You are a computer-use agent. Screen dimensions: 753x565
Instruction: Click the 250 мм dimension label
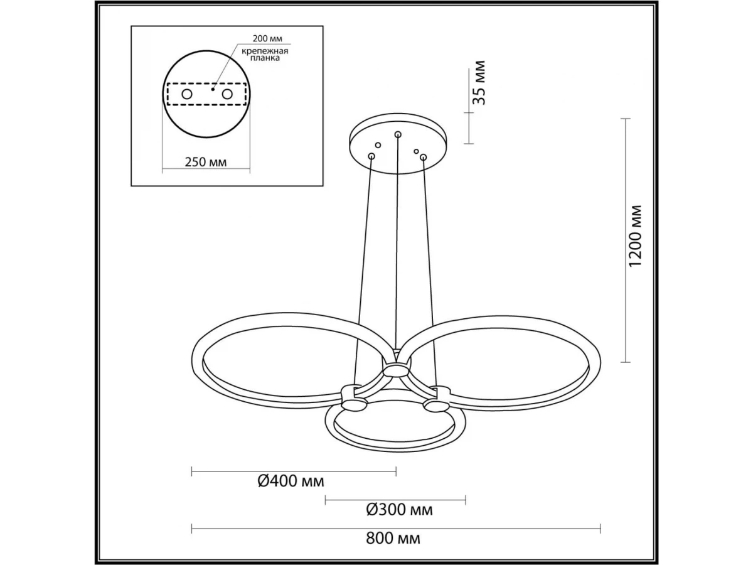click(205, 162)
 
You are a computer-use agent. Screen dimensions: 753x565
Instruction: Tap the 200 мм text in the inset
click(267, 39)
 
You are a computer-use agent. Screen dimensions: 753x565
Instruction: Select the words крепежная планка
click(265, 55)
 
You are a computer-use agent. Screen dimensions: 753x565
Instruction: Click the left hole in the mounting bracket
click(187, 94)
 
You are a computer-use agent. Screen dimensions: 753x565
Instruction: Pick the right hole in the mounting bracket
click(227, 94)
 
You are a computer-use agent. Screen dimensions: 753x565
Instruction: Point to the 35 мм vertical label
click(479, 83)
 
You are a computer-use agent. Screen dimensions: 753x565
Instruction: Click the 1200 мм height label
click(634, 235)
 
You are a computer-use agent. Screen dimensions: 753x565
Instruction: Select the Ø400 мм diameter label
click(291, 482)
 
